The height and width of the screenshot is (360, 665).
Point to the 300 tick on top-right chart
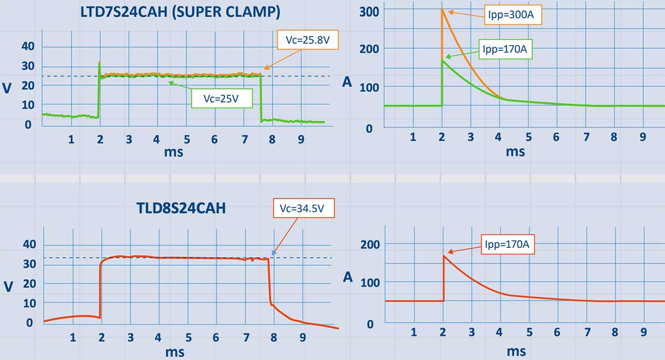click(369, 11)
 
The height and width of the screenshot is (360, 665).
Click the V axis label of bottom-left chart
click(7, 285)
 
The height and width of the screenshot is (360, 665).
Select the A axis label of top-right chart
click(347, 82)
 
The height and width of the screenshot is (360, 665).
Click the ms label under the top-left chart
click(174, 151)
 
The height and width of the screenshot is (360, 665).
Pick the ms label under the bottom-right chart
click(516, 351)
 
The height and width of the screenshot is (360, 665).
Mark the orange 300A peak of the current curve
click(442, 9)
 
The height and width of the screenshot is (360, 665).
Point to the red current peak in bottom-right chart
click(443, 255)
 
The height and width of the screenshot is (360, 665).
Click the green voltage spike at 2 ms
click(99, 63)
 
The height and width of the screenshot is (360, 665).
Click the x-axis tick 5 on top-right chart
click(529, 137)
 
